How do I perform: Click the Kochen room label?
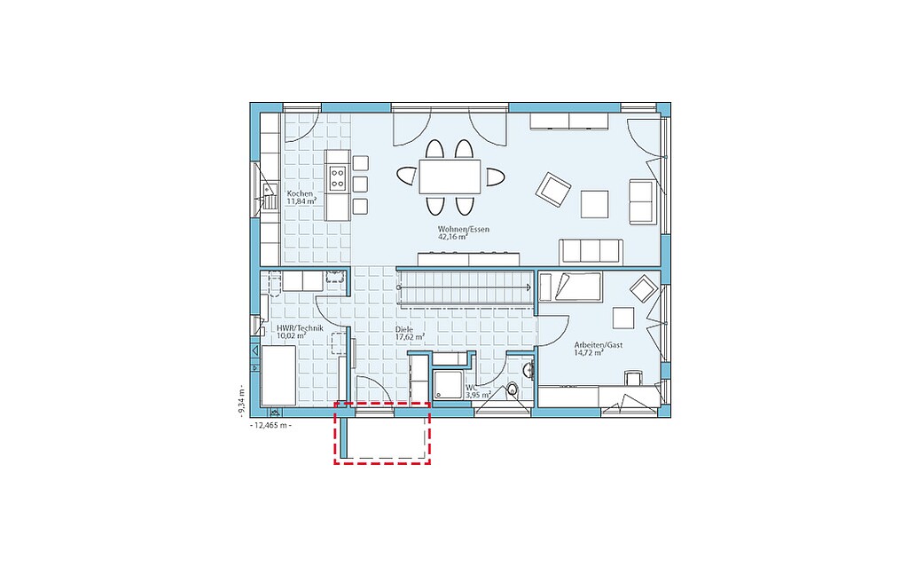[x=300, y=193]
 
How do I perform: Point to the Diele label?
[x=404, y=329]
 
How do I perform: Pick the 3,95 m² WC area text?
[x=478, y=395]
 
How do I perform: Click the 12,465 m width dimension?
[x=270, y=426]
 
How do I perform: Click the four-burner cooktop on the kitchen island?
[x=338, y=177]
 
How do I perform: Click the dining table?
[x=450, y=177]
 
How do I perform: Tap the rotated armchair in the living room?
[x=553, y=189]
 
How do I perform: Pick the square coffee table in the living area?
[x=595, y=204]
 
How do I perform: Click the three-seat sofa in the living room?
[x=591, y=251]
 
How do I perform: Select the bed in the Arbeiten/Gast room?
[x=570, y=287]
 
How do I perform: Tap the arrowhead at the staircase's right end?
[x=529, y=287]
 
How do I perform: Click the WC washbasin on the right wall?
[x=528, y=369]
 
